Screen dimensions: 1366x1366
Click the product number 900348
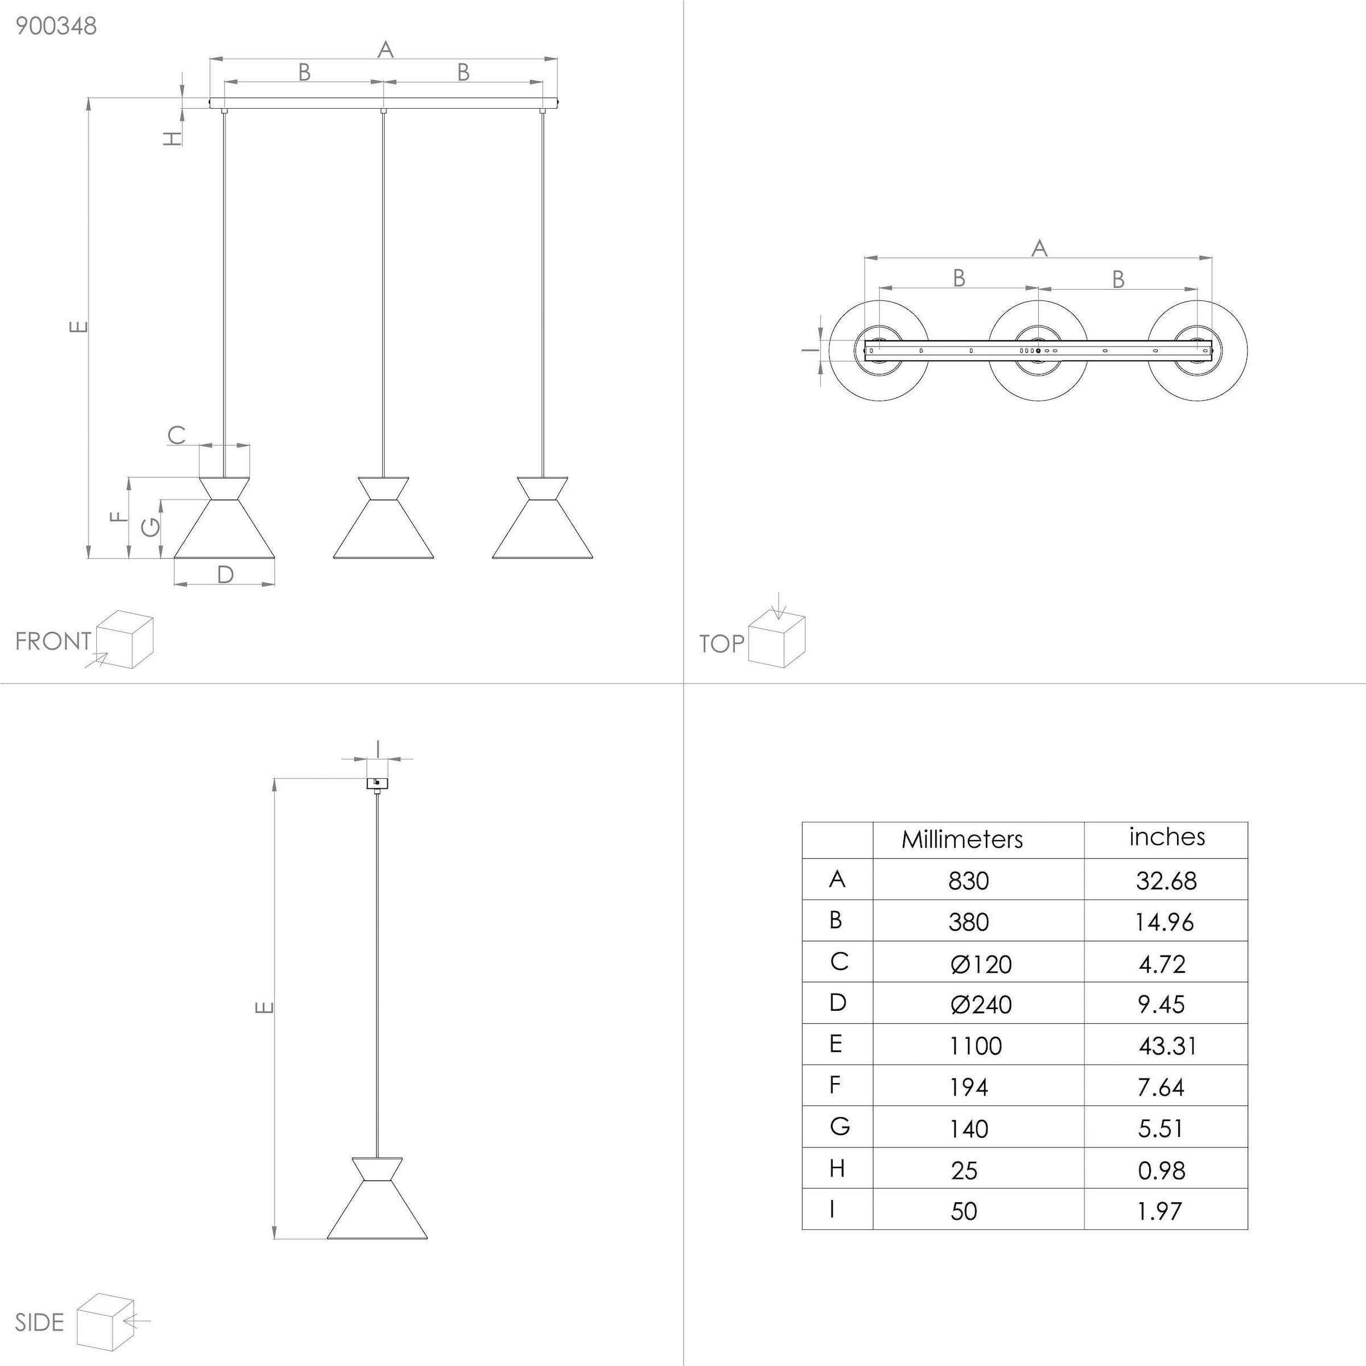click(56, 26)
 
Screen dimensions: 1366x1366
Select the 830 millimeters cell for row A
click(969, 881)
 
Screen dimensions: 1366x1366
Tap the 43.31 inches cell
click(1167, 1046)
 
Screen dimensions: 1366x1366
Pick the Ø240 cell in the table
click(981, 1005)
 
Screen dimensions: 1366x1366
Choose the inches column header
click(1167, 837)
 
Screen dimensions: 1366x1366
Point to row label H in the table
click(837, 1168)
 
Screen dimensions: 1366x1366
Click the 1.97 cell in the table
click(1159, 1211)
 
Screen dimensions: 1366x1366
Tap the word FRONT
click(53, 641)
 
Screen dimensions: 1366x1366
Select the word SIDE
click(40, 1323)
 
